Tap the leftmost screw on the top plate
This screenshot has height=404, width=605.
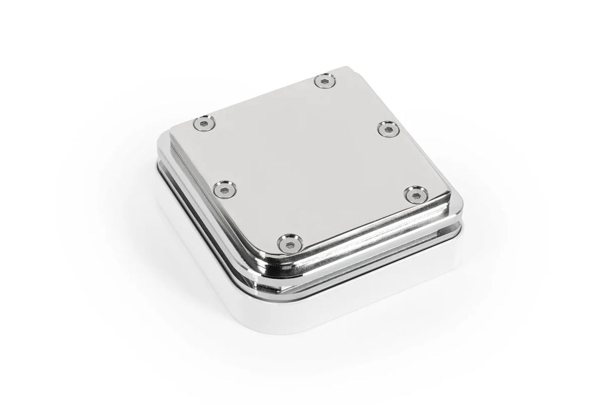tap(203, 124)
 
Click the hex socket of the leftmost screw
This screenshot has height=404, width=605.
tap(203, 124)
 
